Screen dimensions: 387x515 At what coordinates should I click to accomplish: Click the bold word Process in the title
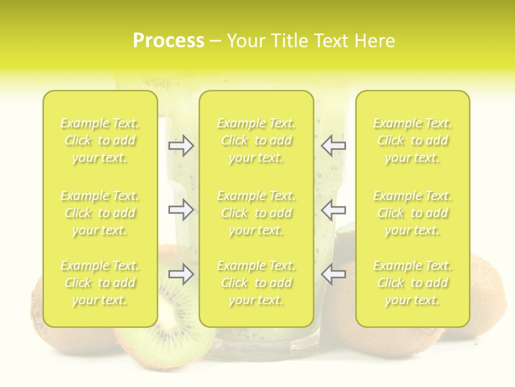click(168, 41)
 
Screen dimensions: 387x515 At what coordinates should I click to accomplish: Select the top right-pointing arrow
click(181, 146)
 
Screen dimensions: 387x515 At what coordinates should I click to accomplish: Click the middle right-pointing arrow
click(181, 210)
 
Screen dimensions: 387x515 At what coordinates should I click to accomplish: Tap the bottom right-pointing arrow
click(181, 274)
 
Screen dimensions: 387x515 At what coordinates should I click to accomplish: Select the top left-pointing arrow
click(334, 146)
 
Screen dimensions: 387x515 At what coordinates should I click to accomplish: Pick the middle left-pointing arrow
click(334, 210)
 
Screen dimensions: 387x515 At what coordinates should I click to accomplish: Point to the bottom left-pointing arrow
click(334, 274)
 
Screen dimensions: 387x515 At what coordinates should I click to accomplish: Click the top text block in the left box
click(100, 140)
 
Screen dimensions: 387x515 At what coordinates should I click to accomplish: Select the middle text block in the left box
click(100, 213)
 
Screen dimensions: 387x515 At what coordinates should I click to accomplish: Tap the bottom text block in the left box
click(100, 283)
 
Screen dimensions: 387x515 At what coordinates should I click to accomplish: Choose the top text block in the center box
click(256, 140)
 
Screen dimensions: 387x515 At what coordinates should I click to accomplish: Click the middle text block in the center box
click(256, 213)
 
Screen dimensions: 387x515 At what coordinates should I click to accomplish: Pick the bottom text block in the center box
click(256, 283)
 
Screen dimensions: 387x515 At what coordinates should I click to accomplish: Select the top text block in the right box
click(412, 140)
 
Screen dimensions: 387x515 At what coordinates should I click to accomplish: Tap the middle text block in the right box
click(412, 213)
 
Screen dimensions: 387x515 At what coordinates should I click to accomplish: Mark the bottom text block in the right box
click(412, 283)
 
